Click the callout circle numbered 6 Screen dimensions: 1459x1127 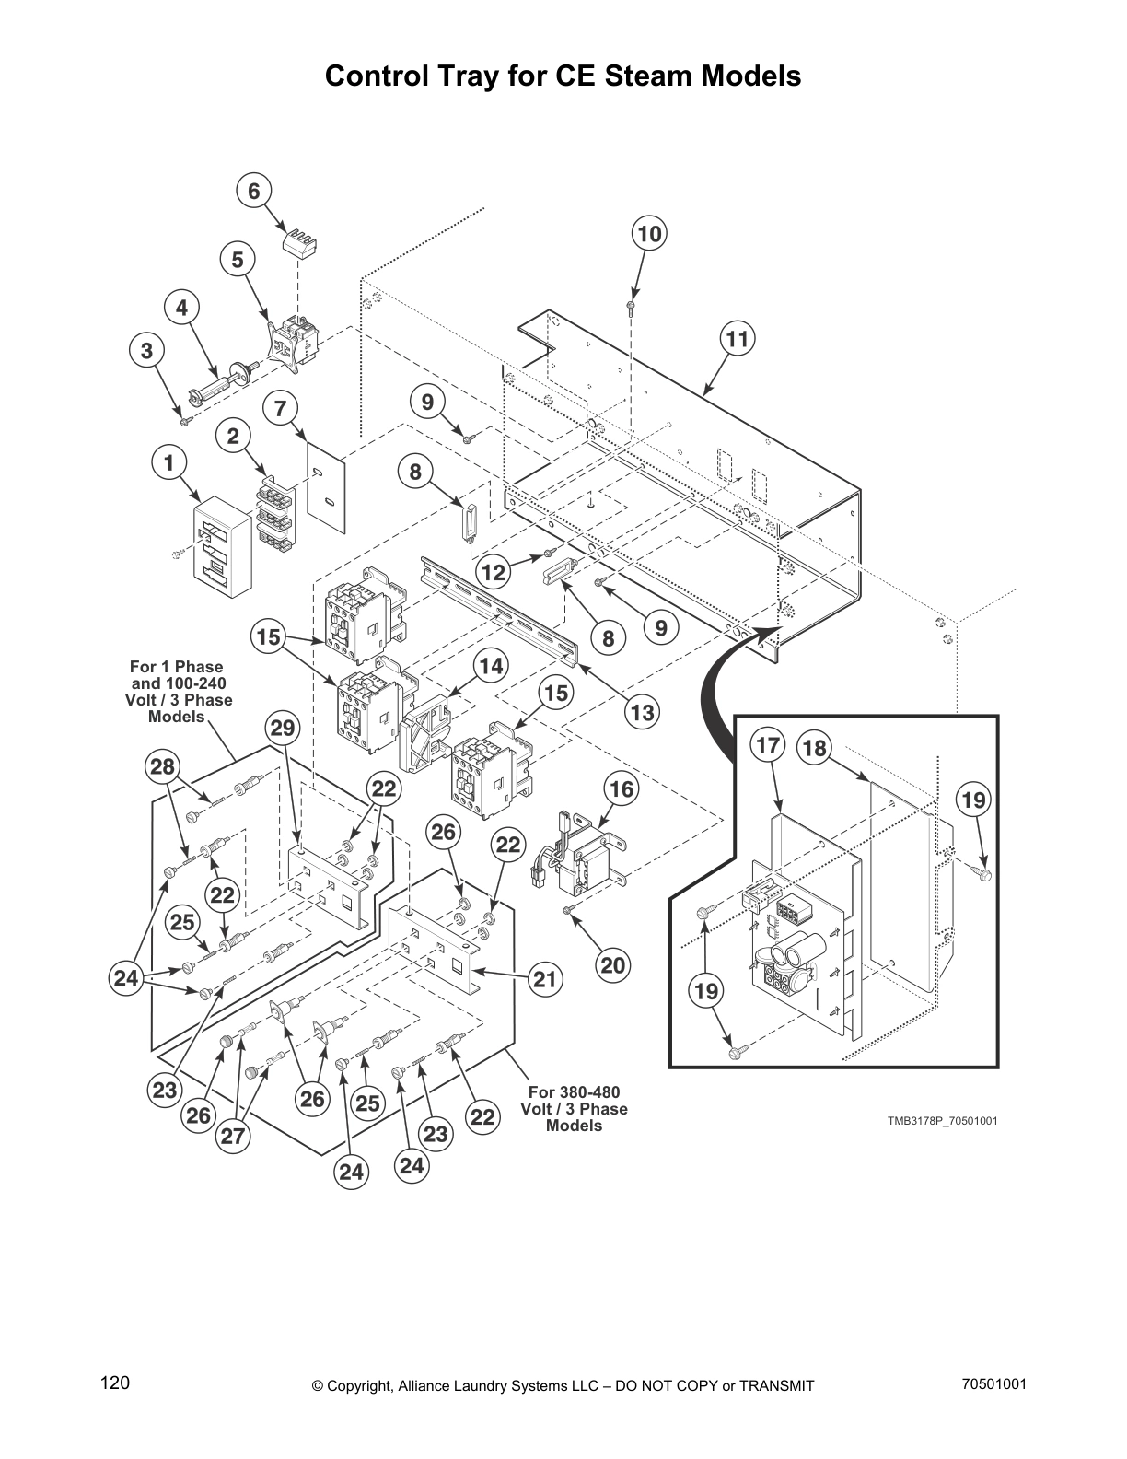[254, 191]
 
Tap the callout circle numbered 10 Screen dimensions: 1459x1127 [649, 234]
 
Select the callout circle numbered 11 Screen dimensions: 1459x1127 [738, 339]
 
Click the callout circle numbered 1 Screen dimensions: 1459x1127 [168, 463]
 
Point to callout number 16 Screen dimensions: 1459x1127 [622, 789]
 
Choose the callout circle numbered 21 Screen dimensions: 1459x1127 [545, 979]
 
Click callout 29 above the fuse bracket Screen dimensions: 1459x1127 [283, 729]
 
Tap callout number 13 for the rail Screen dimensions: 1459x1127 [642, 712]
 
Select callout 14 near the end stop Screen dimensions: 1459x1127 [493, 666]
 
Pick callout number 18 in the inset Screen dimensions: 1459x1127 [814, 747]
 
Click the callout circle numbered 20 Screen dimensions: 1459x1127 [613, 964]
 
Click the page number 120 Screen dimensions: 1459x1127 [115, 1383]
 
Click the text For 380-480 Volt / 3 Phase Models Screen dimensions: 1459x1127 [574, 1109]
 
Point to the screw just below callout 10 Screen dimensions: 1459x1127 [632, 305]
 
